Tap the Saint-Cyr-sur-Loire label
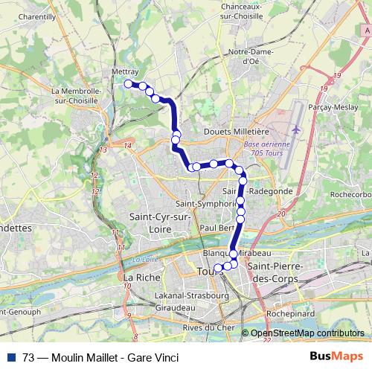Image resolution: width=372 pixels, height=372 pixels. pyautogui.click(x=157, y=222)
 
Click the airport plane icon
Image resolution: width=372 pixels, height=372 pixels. pyautogui.click(x=297, y=129)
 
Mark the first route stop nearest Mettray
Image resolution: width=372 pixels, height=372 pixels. pyautogui.click(x=128, y=83)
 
